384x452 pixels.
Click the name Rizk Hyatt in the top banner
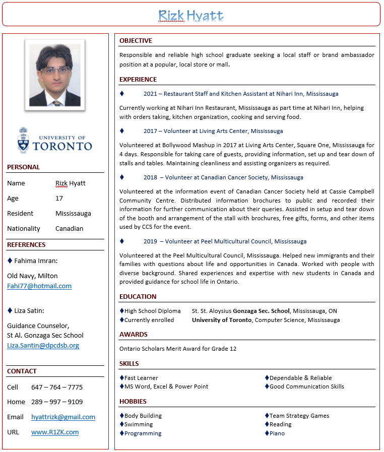[x=190, y=16]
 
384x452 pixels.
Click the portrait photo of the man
[x=55, y=75]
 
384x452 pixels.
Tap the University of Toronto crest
[x=24, y=141]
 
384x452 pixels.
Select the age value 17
[x=59, y=199]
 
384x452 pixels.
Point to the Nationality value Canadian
[x=70, y=229]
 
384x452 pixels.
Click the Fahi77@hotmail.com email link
[x=39, y=286]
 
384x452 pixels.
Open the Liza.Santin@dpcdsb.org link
[x=43, y=346]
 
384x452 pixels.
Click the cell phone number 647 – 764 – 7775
[x=57, y=388]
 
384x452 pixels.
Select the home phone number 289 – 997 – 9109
[x=57, y=402]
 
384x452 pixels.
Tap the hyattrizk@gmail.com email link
[x=63, y=417]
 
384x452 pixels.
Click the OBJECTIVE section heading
[x=136, y=41]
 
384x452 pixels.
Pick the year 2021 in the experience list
[x=150, y=94]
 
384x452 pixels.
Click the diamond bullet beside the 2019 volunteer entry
[x=122, y=241]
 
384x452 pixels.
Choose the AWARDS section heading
[x=134, y=335]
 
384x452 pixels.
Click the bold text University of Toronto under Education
[x=222, y=320]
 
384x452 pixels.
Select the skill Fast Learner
[x=141, y=378]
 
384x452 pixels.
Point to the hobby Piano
[x=277, y=433]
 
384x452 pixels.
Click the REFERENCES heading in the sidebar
[x=26, y=245]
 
